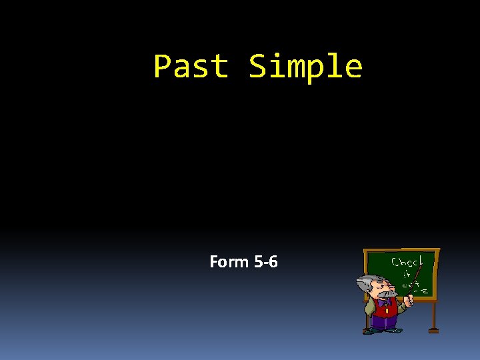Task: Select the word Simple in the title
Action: click(306, 67)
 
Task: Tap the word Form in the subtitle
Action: click(229, 262)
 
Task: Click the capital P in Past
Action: click(163, 67)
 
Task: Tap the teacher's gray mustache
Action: click(389, 293)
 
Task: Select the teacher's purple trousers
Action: click(384, 323)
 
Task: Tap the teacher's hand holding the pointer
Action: click(410, 301)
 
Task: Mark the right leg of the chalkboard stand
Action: click(433, 317)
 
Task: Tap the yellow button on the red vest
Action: click(386, 311)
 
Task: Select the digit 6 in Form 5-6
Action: click(273, 262)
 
